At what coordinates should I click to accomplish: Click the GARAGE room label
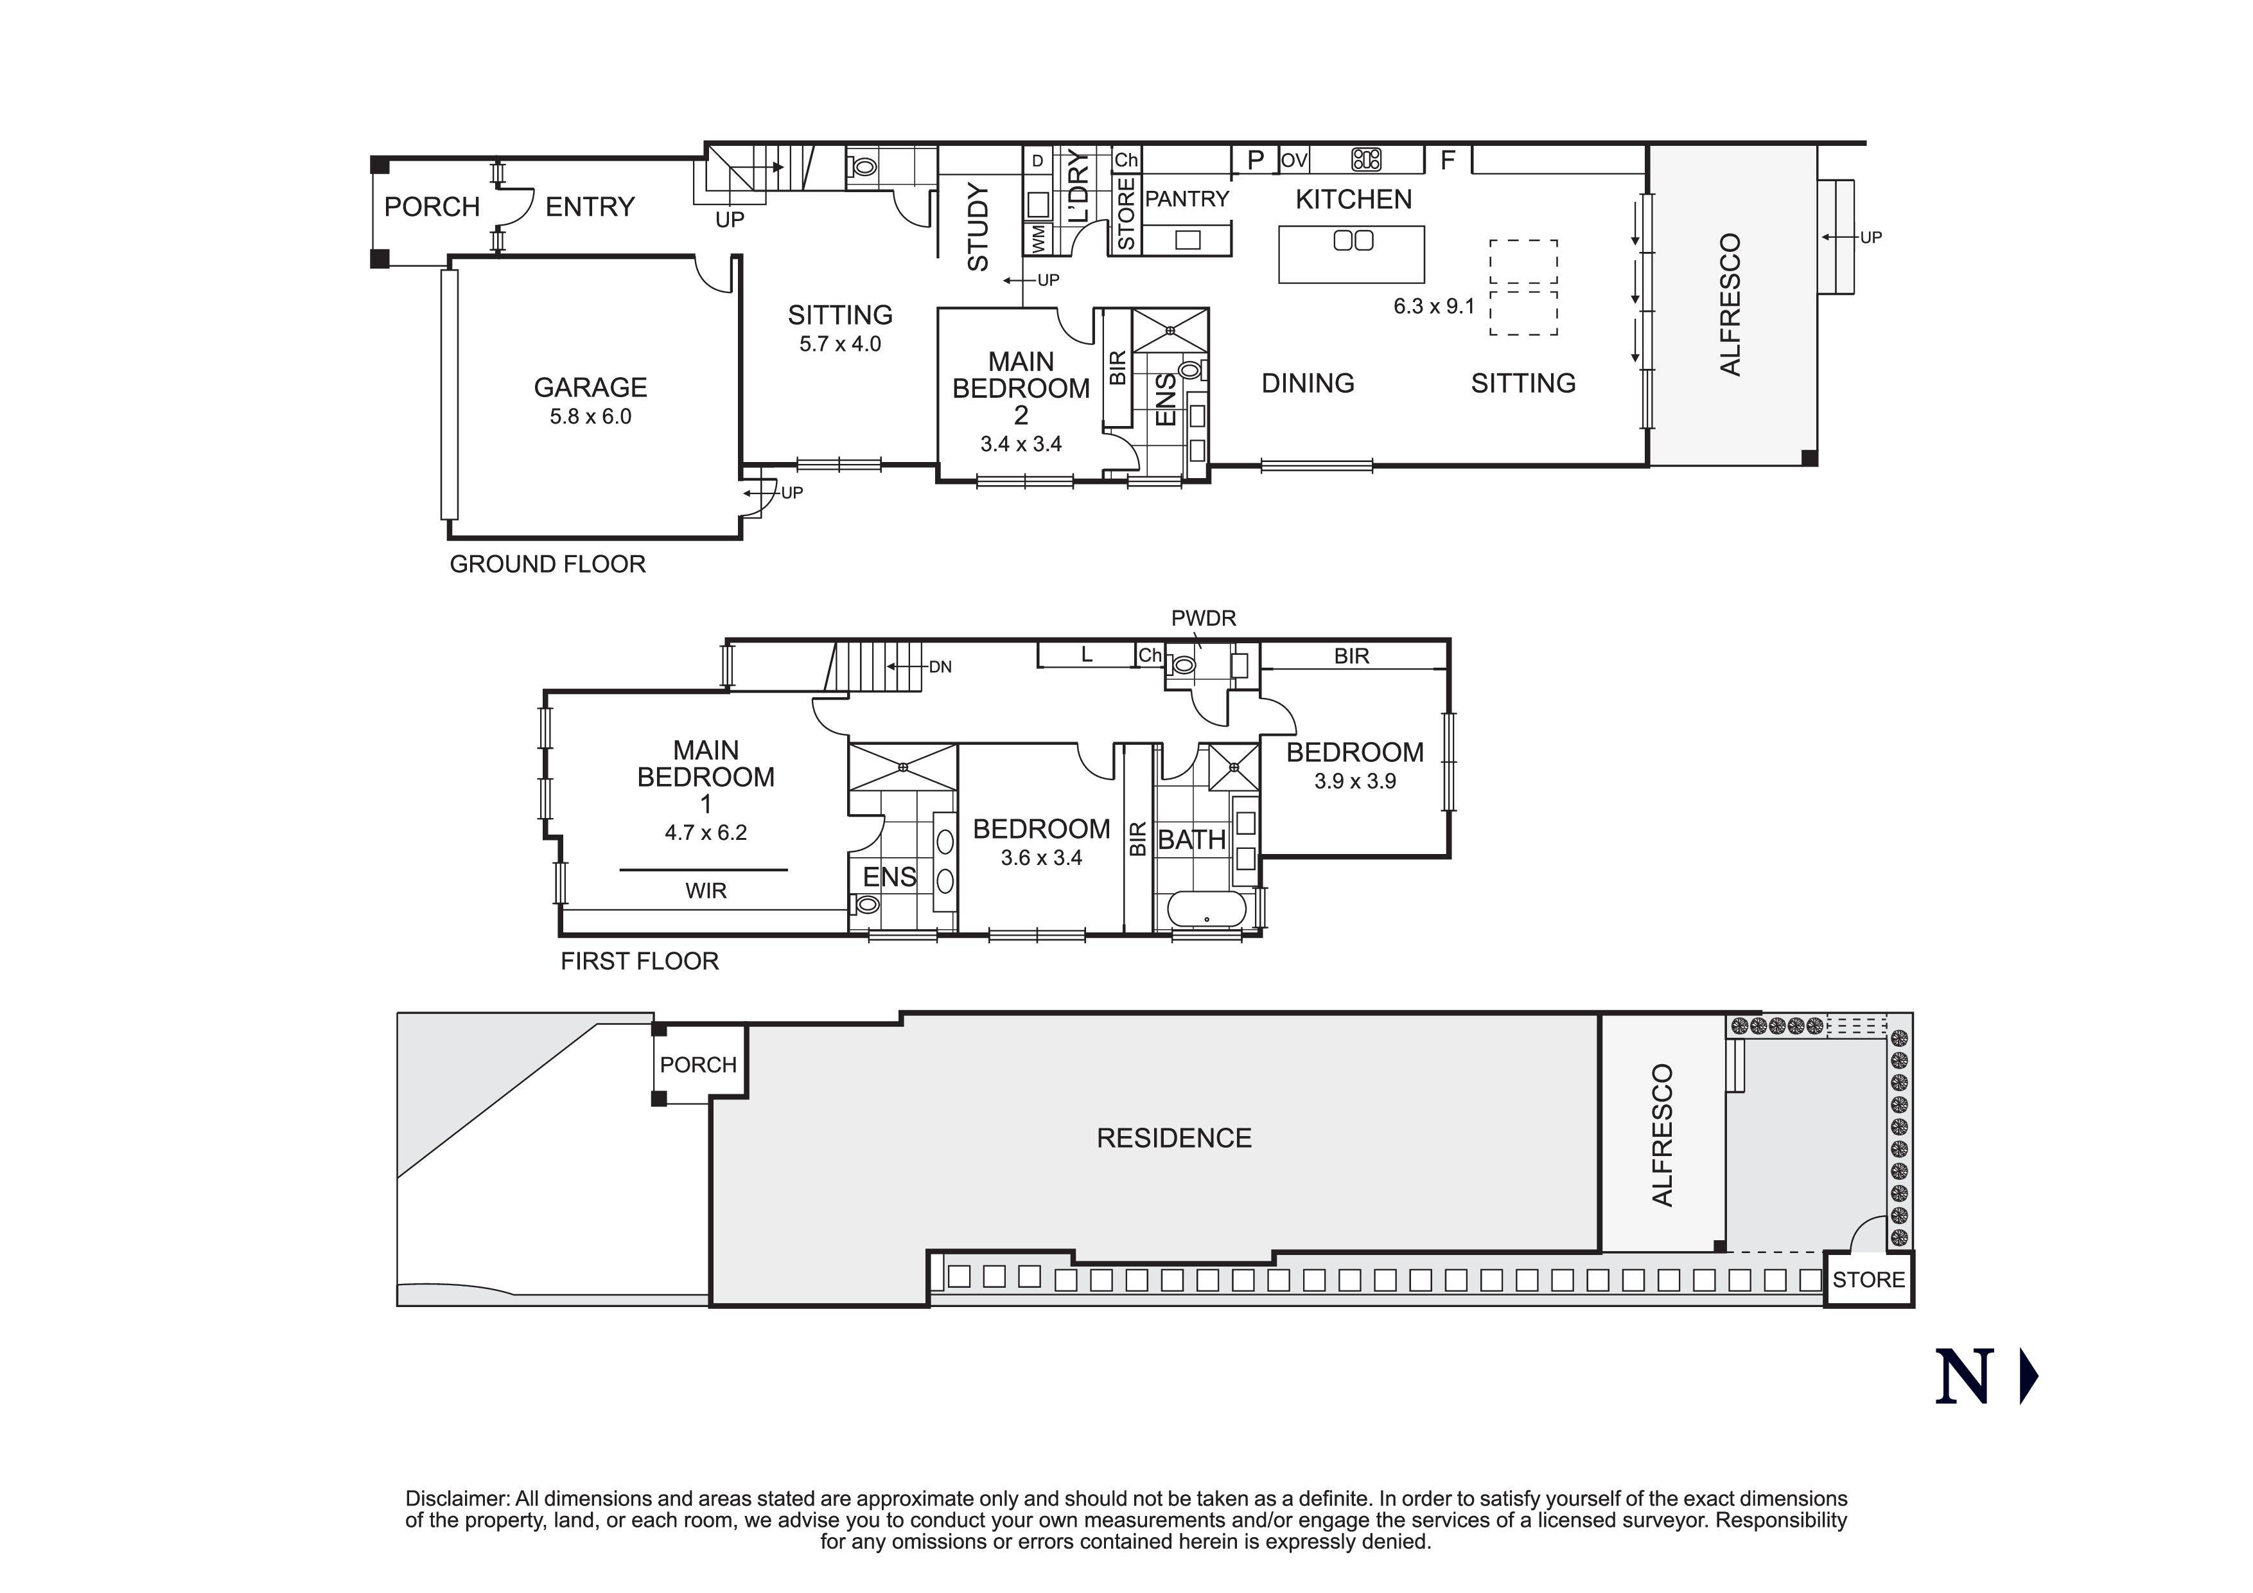pyautogui.click(x=590, y=387)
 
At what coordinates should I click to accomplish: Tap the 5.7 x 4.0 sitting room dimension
pyautogui.click(x=840, y=344)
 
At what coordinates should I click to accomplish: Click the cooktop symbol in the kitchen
pyautogui.click(x=1366, y=159)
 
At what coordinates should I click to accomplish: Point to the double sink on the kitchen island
pyautogui.click(x=1353, y=240)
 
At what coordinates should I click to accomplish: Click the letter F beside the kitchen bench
pyautogui.click(x=1448, y=160)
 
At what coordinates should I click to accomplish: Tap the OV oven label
pyautogui.click(x=1294, y=160)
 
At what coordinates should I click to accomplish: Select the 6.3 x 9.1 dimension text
pyautogui.click(x=1433, y=307)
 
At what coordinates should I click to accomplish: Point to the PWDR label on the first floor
pyautogui.click(x=1203, y=618)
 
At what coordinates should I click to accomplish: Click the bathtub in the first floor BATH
pyautogui.click(x=1206, y=909)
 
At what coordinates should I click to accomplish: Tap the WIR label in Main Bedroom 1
pyautogui.click(x=706, y=891)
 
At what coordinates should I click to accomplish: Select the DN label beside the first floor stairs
pyautogui.click(x=940, y=668)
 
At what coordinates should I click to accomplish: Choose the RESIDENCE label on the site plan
pyautogui.click(x=1173, y=1139)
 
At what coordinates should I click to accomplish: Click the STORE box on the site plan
pyautogui.click(x=1868, y=1280)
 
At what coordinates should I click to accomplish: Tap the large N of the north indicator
pyautogui.click(x=1965, y=1377)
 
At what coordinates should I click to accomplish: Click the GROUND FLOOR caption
pyautogui.click(x=548, y=564)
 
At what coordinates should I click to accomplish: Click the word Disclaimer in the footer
pyautogui.click(x=457, y=1499)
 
